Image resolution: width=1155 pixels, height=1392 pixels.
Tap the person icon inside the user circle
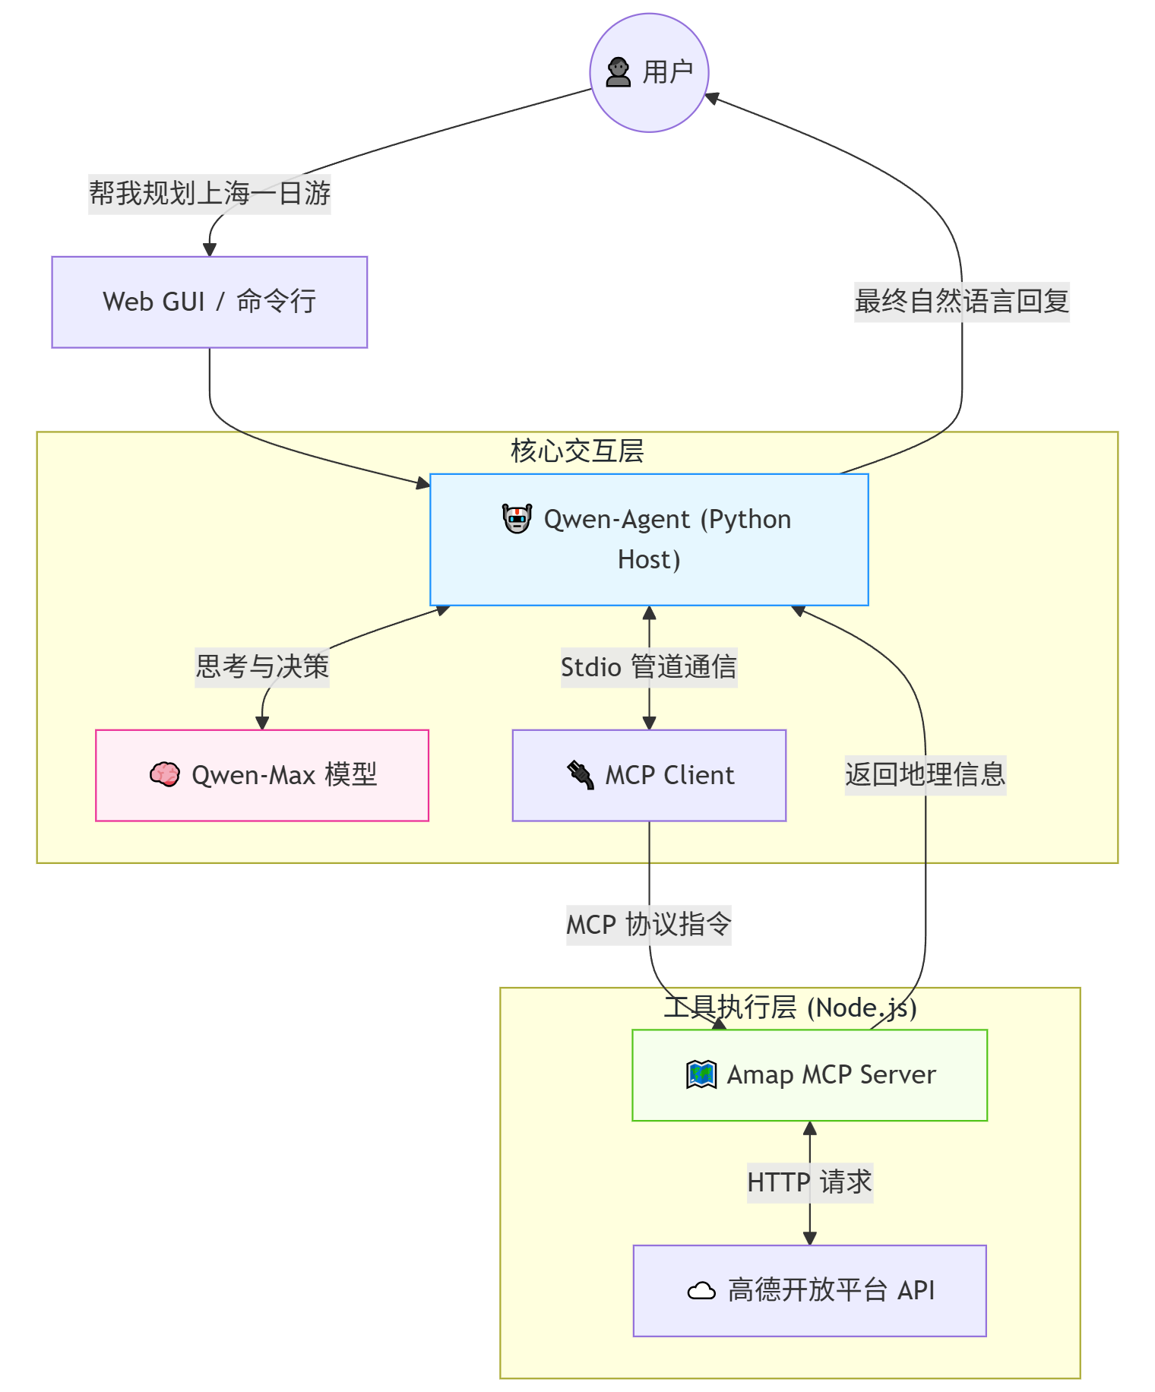click(618, 73)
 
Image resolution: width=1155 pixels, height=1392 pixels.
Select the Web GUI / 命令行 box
click(209, 302)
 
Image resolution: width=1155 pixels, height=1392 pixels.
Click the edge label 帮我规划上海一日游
click(209, 193)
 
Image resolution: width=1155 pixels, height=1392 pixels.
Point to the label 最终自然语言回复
click(961, 302)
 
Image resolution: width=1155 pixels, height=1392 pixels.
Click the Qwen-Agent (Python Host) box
click(649, 539)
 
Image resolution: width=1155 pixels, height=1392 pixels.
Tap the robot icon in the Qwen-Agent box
click(517, 519)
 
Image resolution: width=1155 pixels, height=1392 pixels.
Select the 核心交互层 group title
click(577, 451)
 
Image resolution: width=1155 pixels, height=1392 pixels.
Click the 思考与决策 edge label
click(261, 666)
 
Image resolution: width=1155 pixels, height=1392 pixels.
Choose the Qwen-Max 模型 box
click(261, 775)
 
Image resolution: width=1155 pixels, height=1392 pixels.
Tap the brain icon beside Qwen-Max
click(164, 775)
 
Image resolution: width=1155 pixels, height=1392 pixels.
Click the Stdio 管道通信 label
click(648, 667)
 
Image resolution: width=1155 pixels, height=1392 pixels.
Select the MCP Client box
click(648, 775)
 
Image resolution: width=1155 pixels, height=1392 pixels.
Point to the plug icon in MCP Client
click(581, 775)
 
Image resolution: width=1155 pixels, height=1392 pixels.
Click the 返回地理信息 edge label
click(925, 774)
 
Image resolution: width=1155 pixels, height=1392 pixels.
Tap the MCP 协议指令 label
click(648, 925)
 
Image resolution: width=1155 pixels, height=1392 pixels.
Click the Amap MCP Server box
click(809, 1074)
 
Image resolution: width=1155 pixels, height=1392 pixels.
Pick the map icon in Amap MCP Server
click(701, 1074)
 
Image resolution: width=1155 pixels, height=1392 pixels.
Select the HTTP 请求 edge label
click(809, 1182)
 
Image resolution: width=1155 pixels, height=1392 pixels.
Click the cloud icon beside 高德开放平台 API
click(701, 1291)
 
